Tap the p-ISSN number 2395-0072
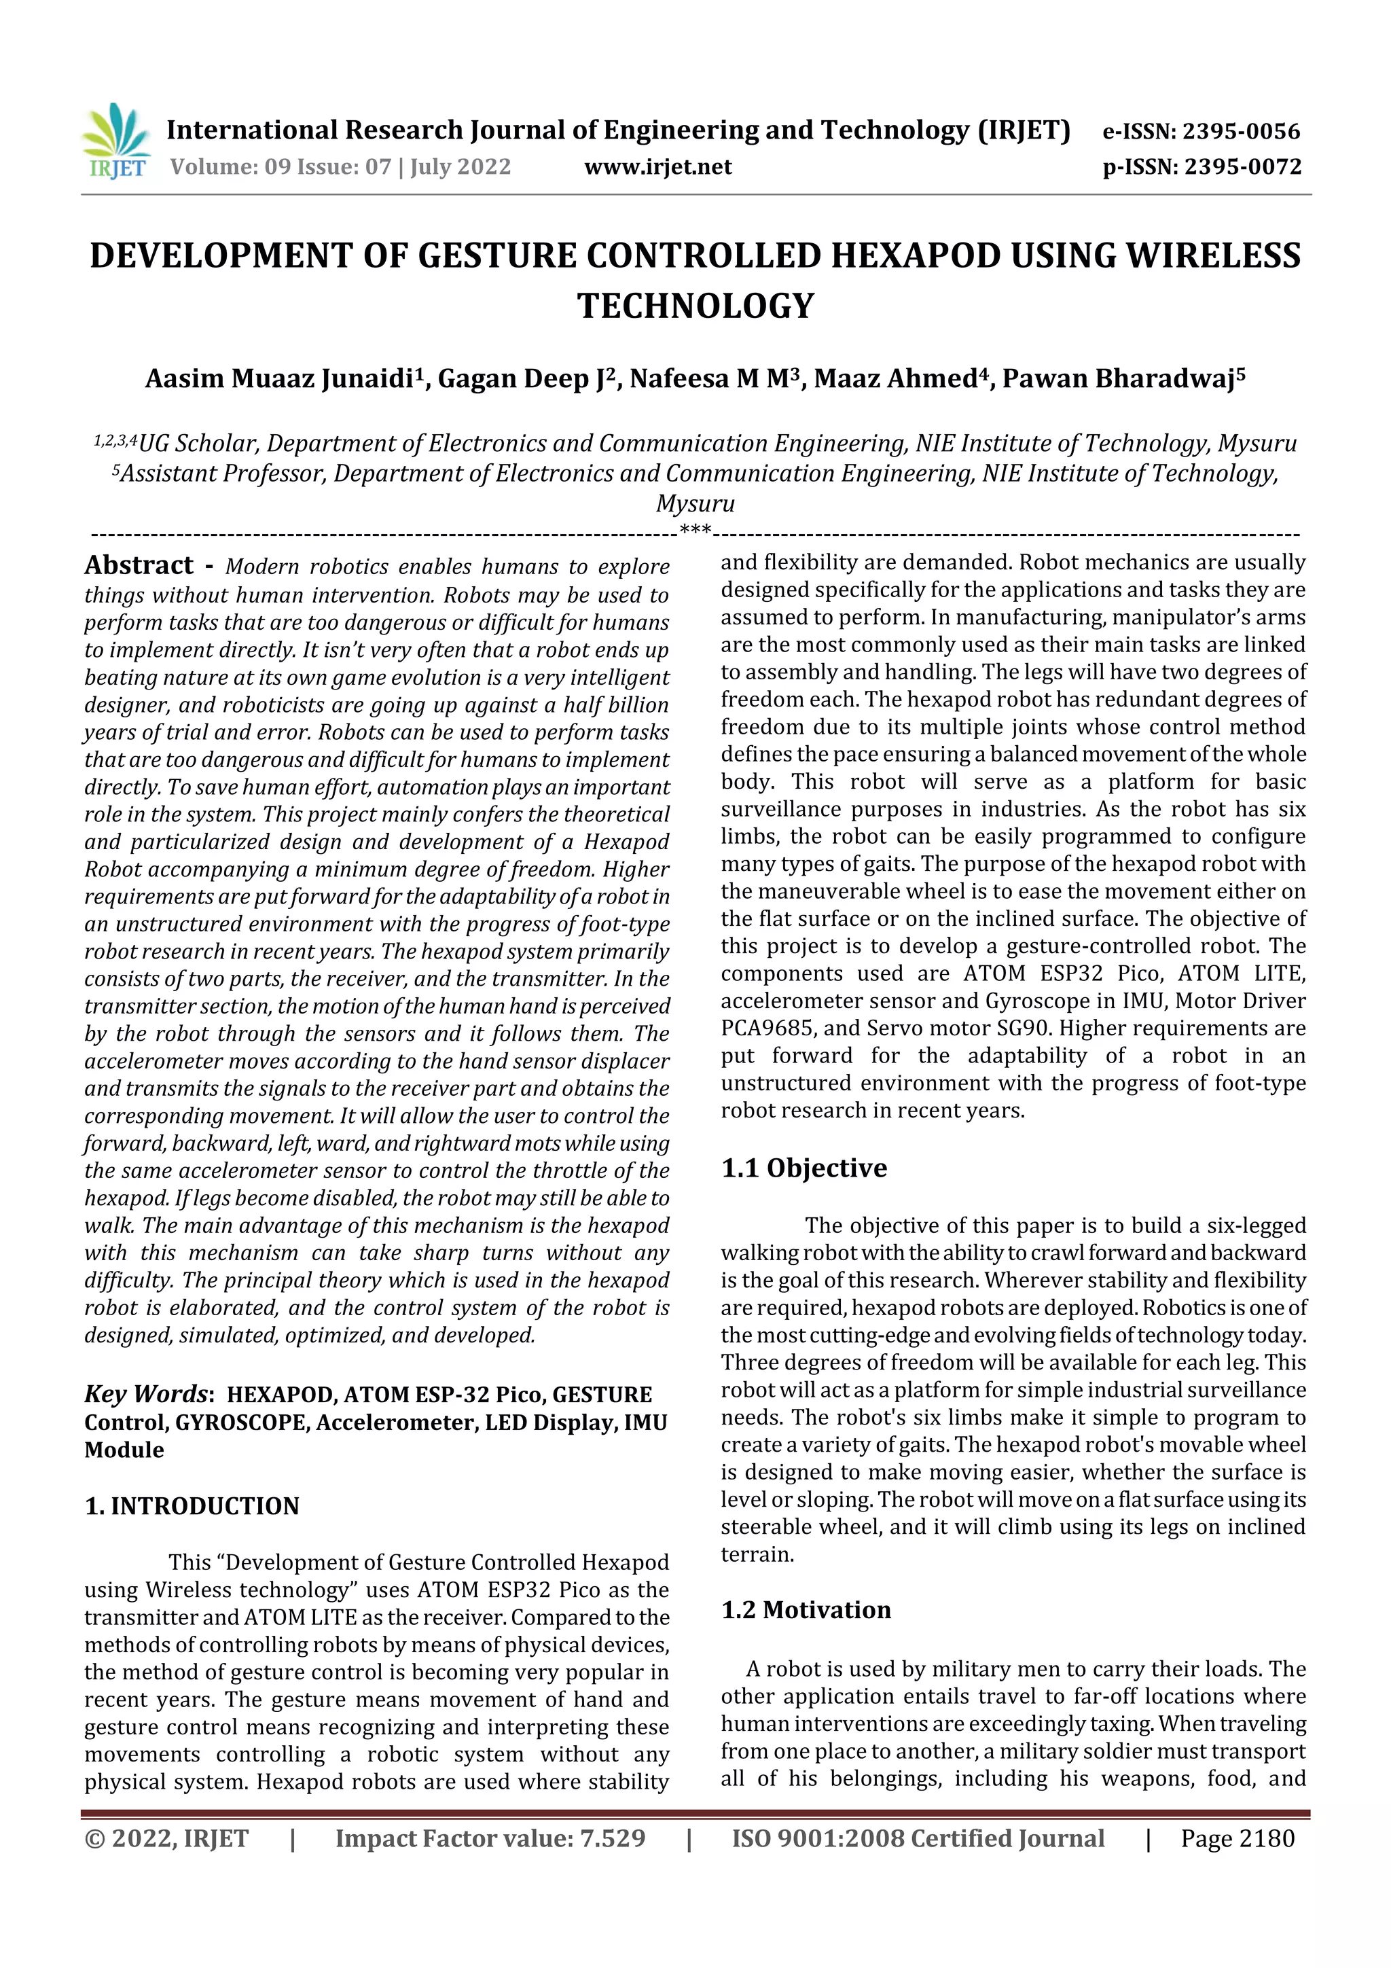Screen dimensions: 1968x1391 tap(1243, 166)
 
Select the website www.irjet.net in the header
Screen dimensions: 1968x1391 tap(657, 166)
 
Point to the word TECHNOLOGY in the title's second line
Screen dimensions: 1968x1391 tap(695, 305)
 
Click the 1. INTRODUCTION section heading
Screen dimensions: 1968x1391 tap(192, 1506)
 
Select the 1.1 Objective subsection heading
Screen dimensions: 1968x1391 tap(804, 1168)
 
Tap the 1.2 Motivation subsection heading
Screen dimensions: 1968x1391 tap(806, 1610)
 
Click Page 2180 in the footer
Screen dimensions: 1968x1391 tap(1237, 1838)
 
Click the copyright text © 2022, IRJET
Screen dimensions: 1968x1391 tap(166, 1838)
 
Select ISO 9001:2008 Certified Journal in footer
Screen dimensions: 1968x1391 tap(918, 1838)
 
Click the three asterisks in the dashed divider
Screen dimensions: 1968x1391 tap(695, 530)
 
